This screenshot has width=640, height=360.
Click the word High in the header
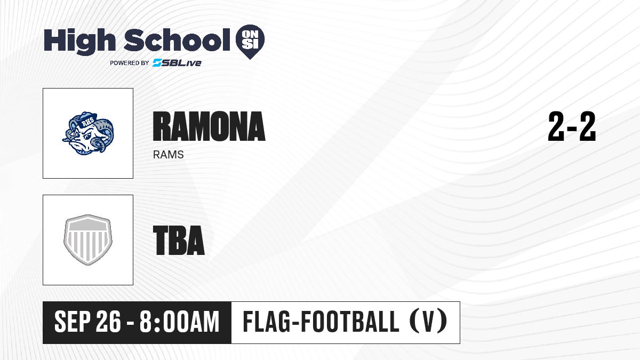point(79,41)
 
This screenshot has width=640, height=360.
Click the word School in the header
point(177,40)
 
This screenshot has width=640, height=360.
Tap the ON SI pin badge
point(250,42)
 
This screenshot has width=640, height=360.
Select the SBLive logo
point(177,63)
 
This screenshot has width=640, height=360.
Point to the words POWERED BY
point(130,63)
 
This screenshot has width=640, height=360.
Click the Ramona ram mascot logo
point(88,133)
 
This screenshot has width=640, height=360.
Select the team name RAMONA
point(209,126)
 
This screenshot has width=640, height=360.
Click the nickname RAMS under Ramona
point(169,155)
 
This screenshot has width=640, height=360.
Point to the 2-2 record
point(572,126)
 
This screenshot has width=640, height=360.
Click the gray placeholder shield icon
point(88,240)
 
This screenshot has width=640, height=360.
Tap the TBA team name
point(179,240)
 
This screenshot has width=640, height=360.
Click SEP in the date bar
point(73,322)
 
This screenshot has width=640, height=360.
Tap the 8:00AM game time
point(179,322)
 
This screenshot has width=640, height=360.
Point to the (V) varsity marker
point(428,322)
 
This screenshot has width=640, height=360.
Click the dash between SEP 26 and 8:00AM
point(130,323)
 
